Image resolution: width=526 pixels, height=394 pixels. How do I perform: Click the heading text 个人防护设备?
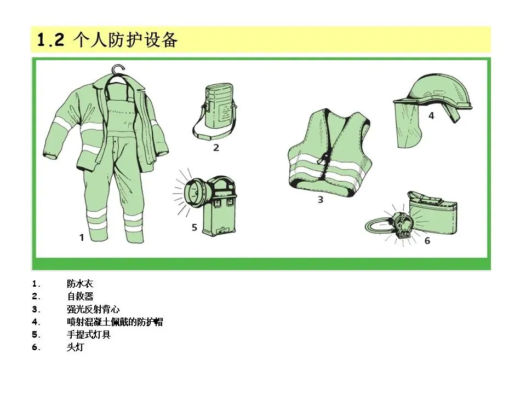tap(125, 40)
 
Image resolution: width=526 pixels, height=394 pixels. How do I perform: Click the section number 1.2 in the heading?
tap(50, 40)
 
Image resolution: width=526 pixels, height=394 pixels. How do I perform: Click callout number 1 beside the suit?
tap(82, 237)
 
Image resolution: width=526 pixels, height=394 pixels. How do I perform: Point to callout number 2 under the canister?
tap(216, 147)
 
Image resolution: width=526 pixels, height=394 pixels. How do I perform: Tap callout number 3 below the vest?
tap(321, 200)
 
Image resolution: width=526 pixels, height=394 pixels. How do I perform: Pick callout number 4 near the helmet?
tap(431, 116)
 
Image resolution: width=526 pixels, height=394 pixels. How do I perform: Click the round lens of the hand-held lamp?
tap(194, 192)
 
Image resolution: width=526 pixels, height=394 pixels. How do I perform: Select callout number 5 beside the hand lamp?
tap(194, 228)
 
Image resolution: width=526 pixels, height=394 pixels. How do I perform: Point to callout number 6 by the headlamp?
tap(427, 241)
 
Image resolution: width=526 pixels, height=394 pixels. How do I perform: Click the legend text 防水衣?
tap(80, 284)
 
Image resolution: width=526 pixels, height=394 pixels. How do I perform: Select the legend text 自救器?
tap(80, 297)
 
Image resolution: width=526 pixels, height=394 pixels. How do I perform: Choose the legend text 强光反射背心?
tap(93, 309)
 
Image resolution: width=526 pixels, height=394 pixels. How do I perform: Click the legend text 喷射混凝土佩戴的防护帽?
tap(115, 322)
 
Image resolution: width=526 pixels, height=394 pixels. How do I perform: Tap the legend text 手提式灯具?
tap(89, 335)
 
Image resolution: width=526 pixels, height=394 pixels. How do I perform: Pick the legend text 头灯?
tap(75, 347)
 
